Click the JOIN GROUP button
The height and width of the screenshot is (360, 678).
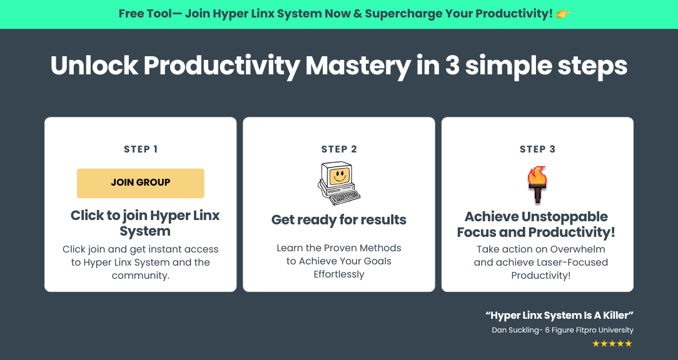[141, 183]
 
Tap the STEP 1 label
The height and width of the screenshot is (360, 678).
[141, 149]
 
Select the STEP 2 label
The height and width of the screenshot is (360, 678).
[339, 149]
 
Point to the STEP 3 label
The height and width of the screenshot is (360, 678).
[537, 149]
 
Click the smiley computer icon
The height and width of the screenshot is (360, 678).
[339, 183]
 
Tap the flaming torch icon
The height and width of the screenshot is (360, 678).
[537, 184]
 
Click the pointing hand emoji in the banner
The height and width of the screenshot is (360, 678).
[564, 14]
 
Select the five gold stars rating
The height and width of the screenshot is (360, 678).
[612, 344]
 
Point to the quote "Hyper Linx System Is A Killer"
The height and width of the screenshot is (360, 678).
[560, 316]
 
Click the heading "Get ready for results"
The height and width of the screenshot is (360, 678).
[339, 220]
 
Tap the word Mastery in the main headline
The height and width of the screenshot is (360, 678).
[358, 66]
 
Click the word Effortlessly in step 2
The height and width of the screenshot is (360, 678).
[339, 274]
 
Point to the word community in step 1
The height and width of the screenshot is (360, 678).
[139, 276]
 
